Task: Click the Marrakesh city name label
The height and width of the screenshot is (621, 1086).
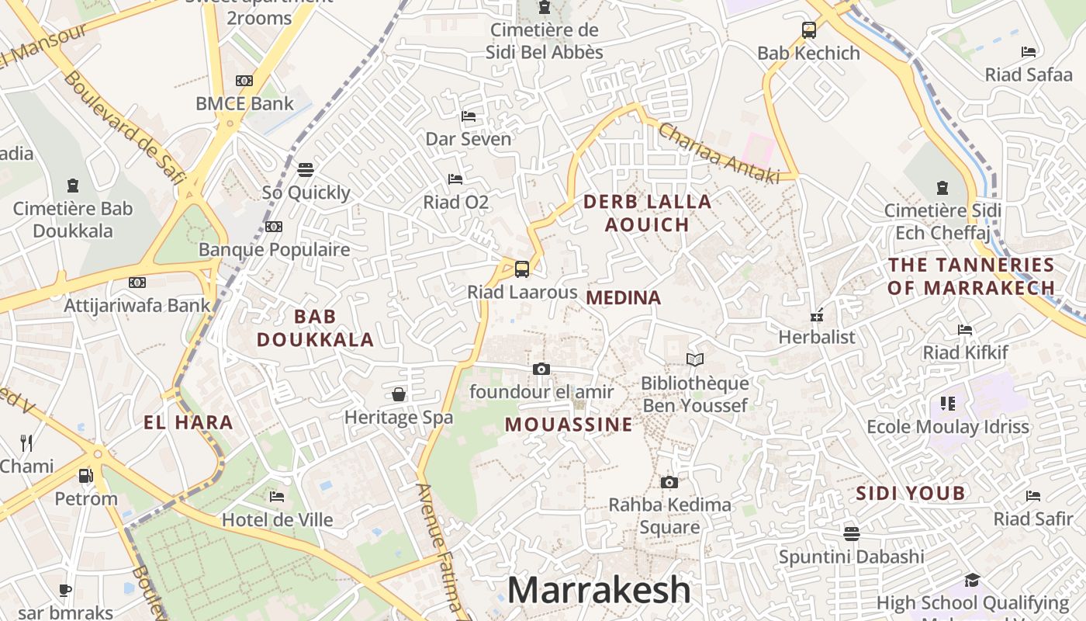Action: pyautogui.click(x=599, y=590)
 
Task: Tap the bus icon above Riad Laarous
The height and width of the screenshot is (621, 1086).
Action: pyautogui.click(x=522, y=269)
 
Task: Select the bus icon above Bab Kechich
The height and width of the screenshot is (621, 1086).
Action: pyautogui.click(x=809, y=30)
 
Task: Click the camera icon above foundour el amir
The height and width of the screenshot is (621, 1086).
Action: pyautogui.click(x=541, y=369)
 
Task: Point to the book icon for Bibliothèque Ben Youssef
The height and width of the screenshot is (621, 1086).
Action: pyautogui.click(x=695, y=359)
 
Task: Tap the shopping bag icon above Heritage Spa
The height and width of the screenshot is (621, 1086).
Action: pyautogui.click(x=399, y=394)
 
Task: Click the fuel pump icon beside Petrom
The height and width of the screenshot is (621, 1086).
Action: pyautogui.click(x=85, y=475)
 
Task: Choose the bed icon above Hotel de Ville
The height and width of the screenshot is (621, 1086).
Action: pyautogui.click(x=277, y=497)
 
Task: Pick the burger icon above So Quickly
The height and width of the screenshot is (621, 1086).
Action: pyautogui.click(x=306, y=169)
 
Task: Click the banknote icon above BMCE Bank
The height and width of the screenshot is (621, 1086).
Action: pyautogui.click(x=244, y=81)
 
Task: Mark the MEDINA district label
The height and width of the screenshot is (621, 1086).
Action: pyautogui.click(x=624, y=297)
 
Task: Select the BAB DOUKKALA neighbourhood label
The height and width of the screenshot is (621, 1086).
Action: pyautogui.click(x=316, y=328)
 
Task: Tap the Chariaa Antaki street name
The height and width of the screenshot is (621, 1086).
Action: pyautogui.click(x=718, y=154)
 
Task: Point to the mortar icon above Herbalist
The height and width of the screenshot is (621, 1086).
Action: pyautogui.click(x=816, y=314)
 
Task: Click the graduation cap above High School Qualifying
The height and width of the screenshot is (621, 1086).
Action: pyautogui.click(x=972, y=580)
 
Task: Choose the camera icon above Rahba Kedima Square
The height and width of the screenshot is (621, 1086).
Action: pyautogui.click(x=669, y=482)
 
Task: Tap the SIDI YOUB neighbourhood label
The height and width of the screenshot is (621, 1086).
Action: pyautogui.click(x=911, y=493)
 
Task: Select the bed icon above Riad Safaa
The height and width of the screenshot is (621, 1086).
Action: pyautogui.click(x=1029, y=52)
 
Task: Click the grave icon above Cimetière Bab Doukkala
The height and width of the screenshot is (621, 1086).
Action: pyautogui.click(x=73, y=186)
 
